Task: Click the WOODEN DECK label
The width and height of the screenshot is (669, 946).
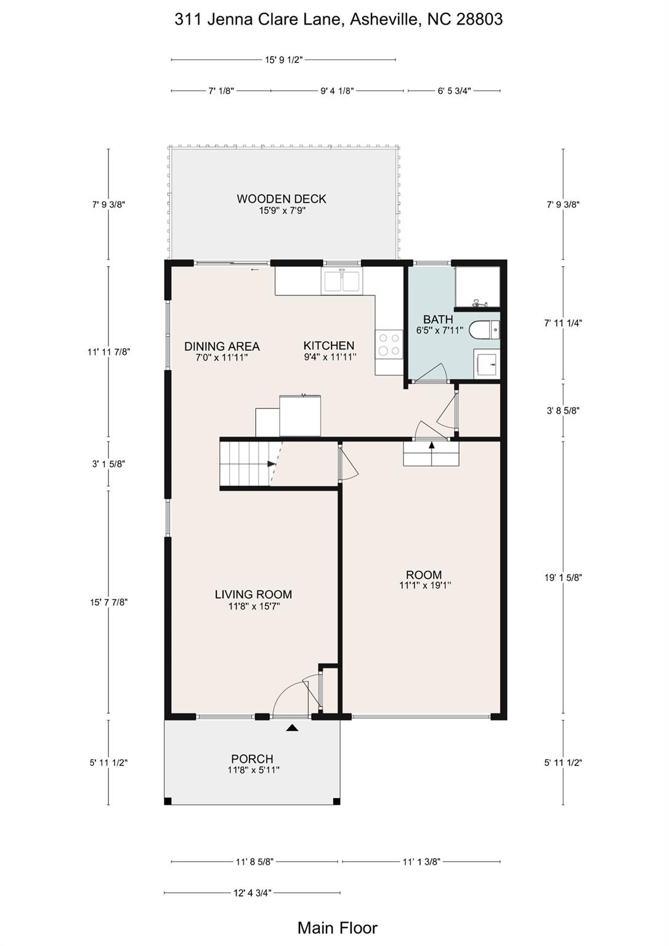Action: coord(282,198)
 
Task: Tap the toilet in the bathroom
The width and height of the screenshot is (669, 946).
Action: coord(487,330)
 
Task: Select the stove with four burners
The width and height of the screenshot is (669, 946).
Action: coord(389,344)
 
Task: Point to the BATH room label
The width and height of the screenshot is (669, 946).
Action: coord(438,319)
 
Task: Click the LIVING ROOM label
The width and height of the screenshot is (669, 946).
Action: coord(253,594)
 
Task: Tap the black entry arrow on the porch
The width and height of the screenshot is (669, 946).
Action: coord(292,727)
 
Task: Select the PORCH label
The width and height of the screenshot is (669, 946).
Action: coord(252,759)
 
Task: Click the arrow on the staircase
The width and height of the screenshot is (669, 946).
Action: coord(272,464)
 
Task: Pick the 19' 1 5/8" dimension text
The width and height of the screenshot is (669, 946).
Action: coord(563,578)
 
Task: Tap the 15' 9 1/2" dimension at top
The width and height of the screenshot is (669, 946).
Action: coord(284,60)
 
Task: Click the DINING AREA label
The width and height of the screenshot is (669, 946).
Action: coord(222,346)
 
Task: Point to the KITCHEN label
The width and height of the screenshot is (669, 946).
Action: coord(328,346)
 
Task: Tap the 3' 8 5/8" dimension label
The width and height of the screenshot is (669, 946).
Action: coord(563,410)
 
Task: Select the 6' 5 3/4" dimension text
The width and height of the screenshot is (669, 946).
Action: coord(454,91)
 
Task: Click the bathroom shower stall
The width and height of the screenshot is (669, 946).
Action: coord(477,287)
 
